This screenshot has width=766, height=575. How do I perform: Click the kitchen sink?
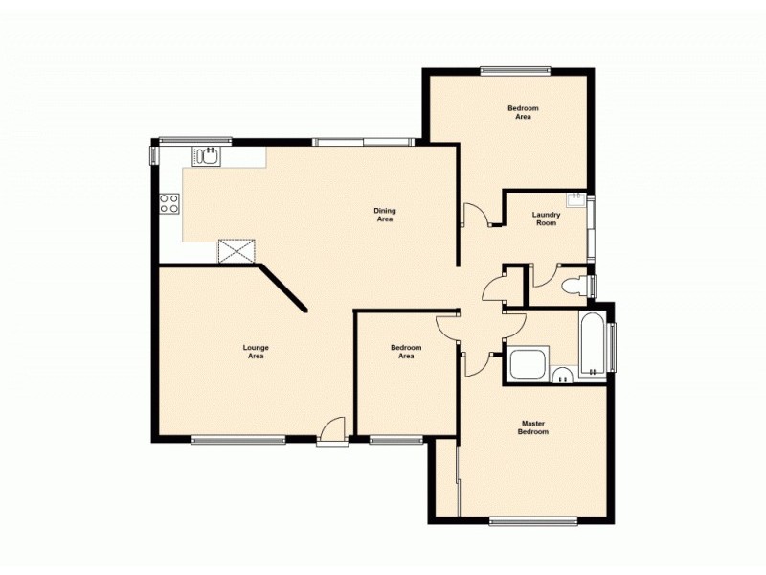pyautogui.click(x=207, y=155)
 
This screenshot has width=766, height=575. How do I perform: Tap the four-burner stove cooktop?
pyautogui.click(x=169, y=203)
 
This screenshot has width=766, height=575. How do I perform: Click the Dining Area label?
pyautogui.click(x=384, y=215)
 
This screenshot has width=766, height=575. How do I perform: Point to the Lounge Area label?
pyautogui.click(x=255, y=351)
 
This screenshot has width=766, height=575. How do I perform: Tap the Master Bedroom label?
pyautogui.click(x=534, y=427)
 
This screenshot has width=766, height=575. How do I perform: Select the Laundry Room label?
pyautogui.click(x=545, y=218)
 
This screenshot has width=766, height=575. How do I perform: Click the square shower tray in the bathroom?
pyautogui.click(x=528, y=364)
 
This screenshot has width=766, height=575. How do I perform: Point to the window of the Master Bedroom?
pyautogui.click(x=532, y=521)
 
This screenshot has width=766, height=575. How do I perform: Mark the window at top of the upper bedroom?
pyautogui.click(x=515, y=69)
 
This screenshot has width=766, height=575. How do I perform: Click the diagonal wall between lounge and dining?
pyautogui.click(x=282, y=288)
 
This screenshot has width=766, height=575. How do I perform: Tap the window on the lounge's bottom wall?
pyautogui.click(x=238, y=440)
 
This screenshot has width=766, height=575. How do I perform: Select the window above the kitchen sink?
pyautogui.click(x=195, y=142)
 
